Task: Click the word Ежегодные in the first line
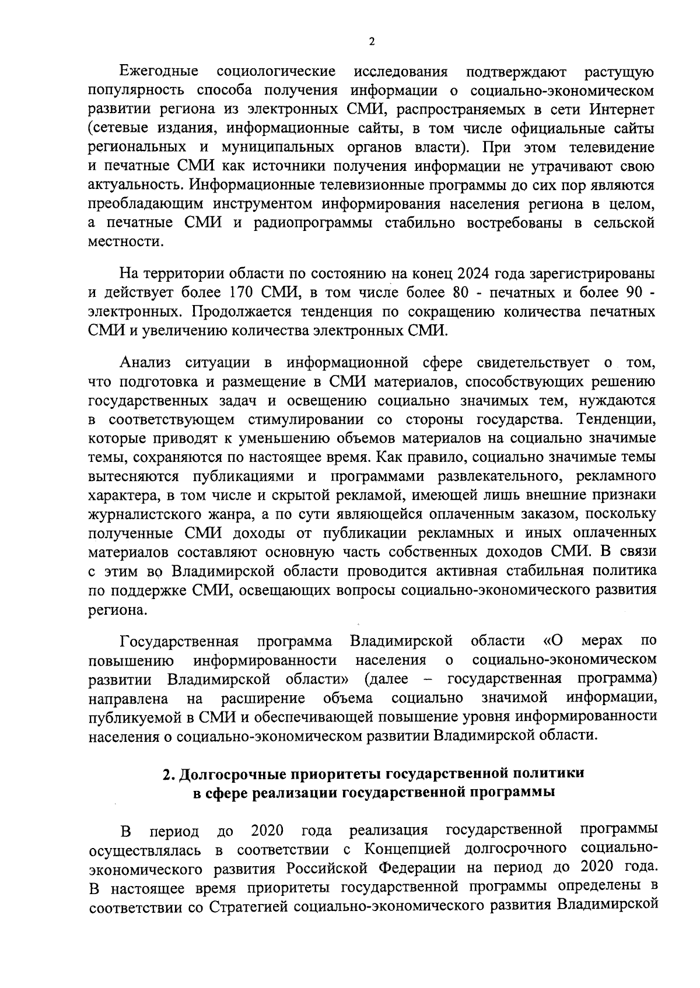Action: (158, 72)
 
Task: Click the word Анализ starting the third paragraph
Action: (145, 363)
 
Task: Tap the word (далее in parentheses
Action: (386, 679)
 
